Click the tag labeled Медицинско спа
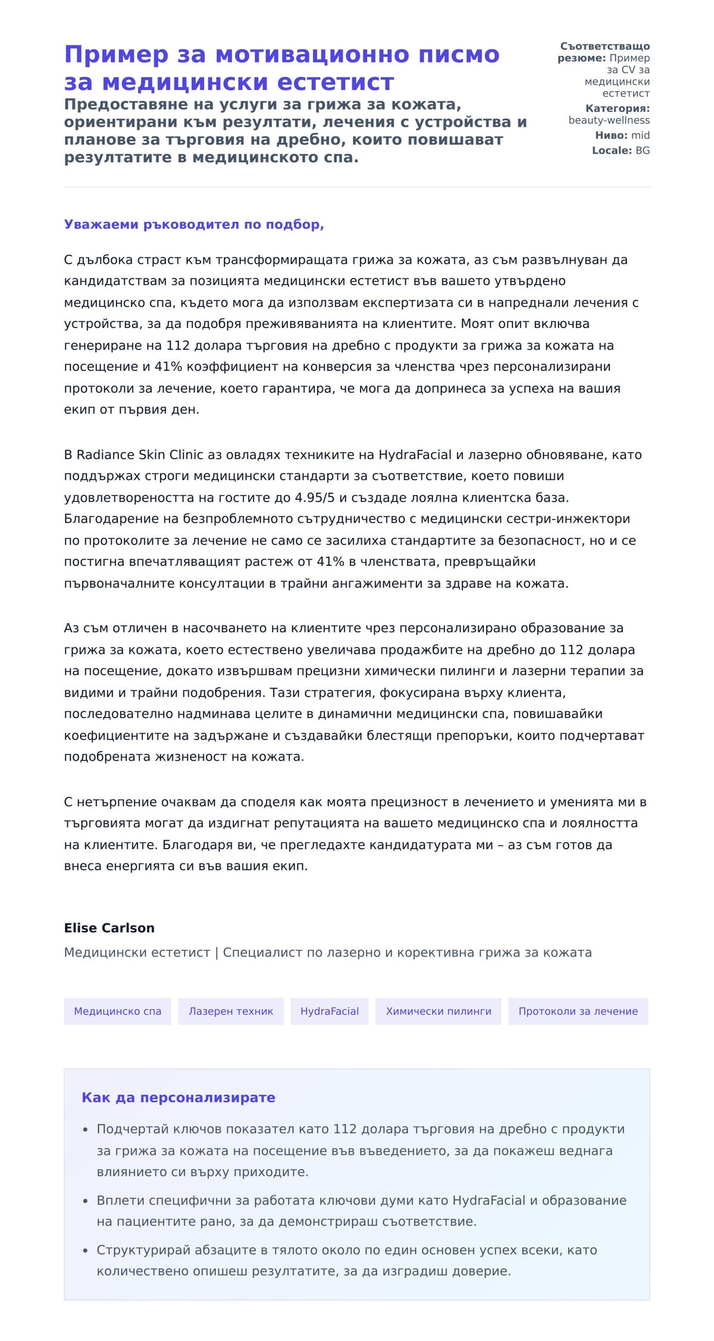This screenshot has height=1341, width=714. pos(117,1011)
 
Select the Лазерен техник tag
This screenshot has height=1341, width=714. pos(231,1011)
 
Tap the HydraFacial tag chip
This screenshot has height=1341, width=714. pos(329,1011)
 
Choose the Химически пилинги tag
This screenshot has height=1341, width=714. pos(439,1011)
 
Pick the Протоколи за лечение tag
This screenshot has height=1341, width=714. pos(578,1011)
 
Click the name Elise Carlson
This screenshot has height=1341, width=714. pos(109,928)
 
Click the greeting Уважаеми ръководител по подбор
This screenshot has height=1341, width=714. pos(193,224)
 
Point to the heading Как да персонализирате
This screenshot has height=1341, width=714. pos(178,1097)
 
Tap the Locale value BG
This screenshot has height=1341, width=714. pos(643,150)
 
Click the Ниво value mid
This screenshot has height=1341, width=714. pos(640,135)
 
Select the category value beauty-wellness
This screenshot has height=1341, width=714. pos(609,120)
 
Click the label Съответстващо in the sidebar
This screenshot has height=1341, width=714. pos(605,46)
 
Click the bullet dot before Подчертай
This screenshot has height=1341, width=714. pos(86,1130)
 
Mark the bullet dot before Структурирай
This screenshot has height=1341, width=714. pos(86,1250)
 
